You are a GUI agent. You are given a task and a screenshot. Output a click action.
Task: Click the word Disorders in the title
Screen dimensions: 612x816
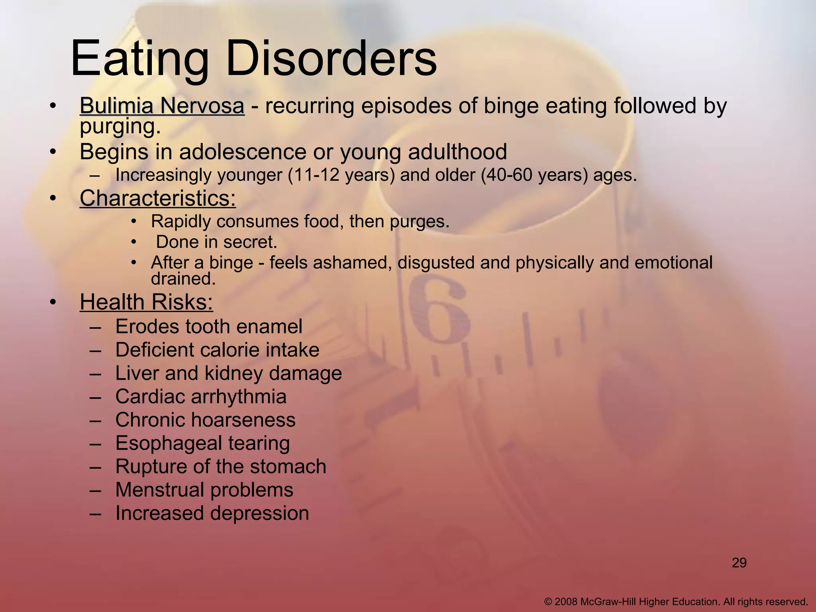[331, 59]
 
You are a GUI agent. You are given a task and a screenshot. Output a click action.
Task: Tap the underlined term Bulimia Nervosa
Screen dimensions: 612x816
[162, 106]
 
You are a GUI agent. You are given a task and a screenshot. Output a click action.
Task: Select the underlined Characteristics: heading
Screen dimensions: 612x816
[158, 198]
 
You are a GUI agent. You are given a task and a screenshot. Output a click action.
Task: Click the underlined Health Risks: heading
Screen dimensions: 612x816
[146, 302]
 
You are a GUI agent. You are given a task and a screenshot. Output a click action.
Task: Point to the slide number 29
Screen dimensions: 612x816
[739, 563]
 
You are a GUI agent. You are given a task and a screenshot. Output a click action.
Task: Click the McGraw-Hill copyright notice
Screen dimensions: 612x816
[676, 602]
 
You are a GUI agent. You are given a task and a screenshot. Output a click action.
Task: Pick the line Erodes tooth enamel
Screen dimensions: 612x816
[209, 327]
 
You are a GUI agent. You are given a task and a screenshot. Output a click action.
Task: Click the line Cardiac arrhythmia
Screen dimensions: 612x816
[201, 397]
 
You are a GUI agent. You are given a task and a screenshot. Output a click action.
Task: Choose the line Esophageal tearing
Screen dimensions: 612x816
[202, 443]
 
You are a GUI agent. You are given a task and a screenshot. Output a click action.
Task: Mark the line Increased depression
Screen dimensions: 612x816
[212, 513]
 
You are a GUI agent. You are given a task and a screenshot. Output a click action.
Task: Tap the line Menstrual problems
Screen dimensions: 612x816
[204, 490]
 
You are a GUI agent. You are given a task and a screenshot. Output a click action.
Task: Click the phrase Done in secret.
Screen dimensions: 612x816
[216, 242]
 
